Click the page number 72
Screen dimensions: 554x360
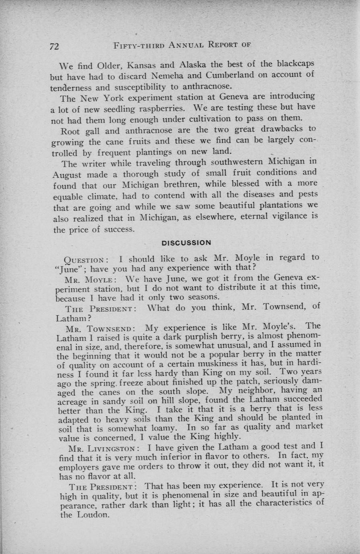(54, 46)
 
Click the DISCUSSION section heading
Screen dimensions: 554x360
(186, 243)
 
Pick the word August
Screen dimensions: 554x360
(67, 175)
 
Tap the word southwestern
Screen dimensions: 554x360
(237, 162)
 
